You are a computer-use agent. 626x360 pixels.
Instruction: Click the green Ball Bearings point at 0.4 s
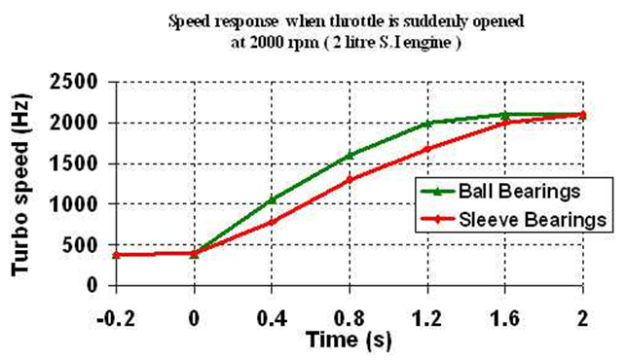pyautogui.click(x=272, y=200)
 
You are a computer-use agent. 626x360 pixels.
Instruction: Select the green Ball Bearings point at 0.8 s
pyautogui.click(x=350, y=155)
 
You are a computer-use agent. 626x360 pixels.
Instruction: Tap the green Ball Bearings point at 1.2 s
pyautogui.click(x=427, y=123)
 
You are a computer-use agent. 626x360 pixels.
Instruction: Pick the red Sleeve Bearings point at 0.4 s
pyautogui.click(x=272, y=222)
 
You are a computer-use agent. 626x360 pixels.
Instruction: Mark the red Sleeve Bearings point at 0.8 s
pyautogui.click(x=350, y=180)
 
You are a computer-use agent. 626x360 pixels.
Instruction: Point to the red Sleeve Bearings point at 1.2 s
pyautogui.click(x=427, y=149)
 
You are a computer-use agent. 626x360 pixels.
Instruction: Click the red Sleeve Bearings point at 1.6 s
pyautogui.click(x=506, y=123)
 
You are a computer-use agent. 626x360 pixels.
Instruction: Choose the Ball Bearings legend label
pyautogui.click(x=519, y=192)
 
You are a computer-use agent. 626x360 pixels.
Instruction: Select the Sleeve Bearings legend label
pyautogui.click(x=533, y=220)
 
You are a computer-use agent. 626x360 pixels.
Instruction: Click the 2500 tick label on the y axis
pyautogui.click(x=74, y=83)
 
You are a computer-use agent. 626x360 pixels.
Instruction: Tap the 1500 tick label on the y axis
pyautogui.click(x=74, y=163)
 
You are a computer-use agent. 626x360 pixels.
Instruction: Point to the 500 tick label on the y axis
pyautogui.click(x=80, y=245)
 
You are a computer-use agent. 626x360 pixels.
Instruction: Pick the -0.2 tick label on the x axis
pyautogui.click(x=116, y=319)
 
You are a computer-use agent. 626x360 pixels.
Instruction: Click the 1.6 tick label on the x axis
pyautogui.click(x=505, y=319)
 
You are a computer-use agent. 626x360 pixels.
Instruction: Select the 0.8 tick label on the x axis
pyautogui.click(x=350, y=319)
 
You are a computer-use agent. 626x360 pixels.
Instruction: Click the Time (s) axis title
pyautogui.click(x=349, y=340)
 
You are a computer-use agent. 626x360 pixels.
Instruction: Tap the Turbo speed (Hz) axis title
pyautogui.click(x=20, y=185)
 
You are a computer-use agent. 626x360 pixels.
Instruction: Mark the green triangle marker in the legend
pyautogui.click(x=438, y=192)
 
